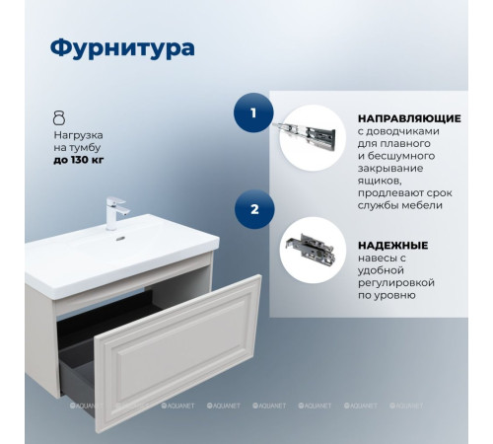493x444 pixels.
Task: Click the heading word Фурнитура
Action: tap(121, 48)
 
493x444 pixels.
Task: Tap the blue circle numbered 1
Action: tap(253, 113)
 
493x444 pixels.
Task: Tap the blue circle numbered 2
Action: tap(253, 209)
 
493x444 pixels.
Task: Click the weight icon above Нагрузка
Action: tap(59, 116)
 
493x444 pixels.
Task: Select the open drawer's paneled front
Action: tap(178, 349)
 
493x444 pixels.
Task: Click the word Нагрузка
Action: tap(78, 132)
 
